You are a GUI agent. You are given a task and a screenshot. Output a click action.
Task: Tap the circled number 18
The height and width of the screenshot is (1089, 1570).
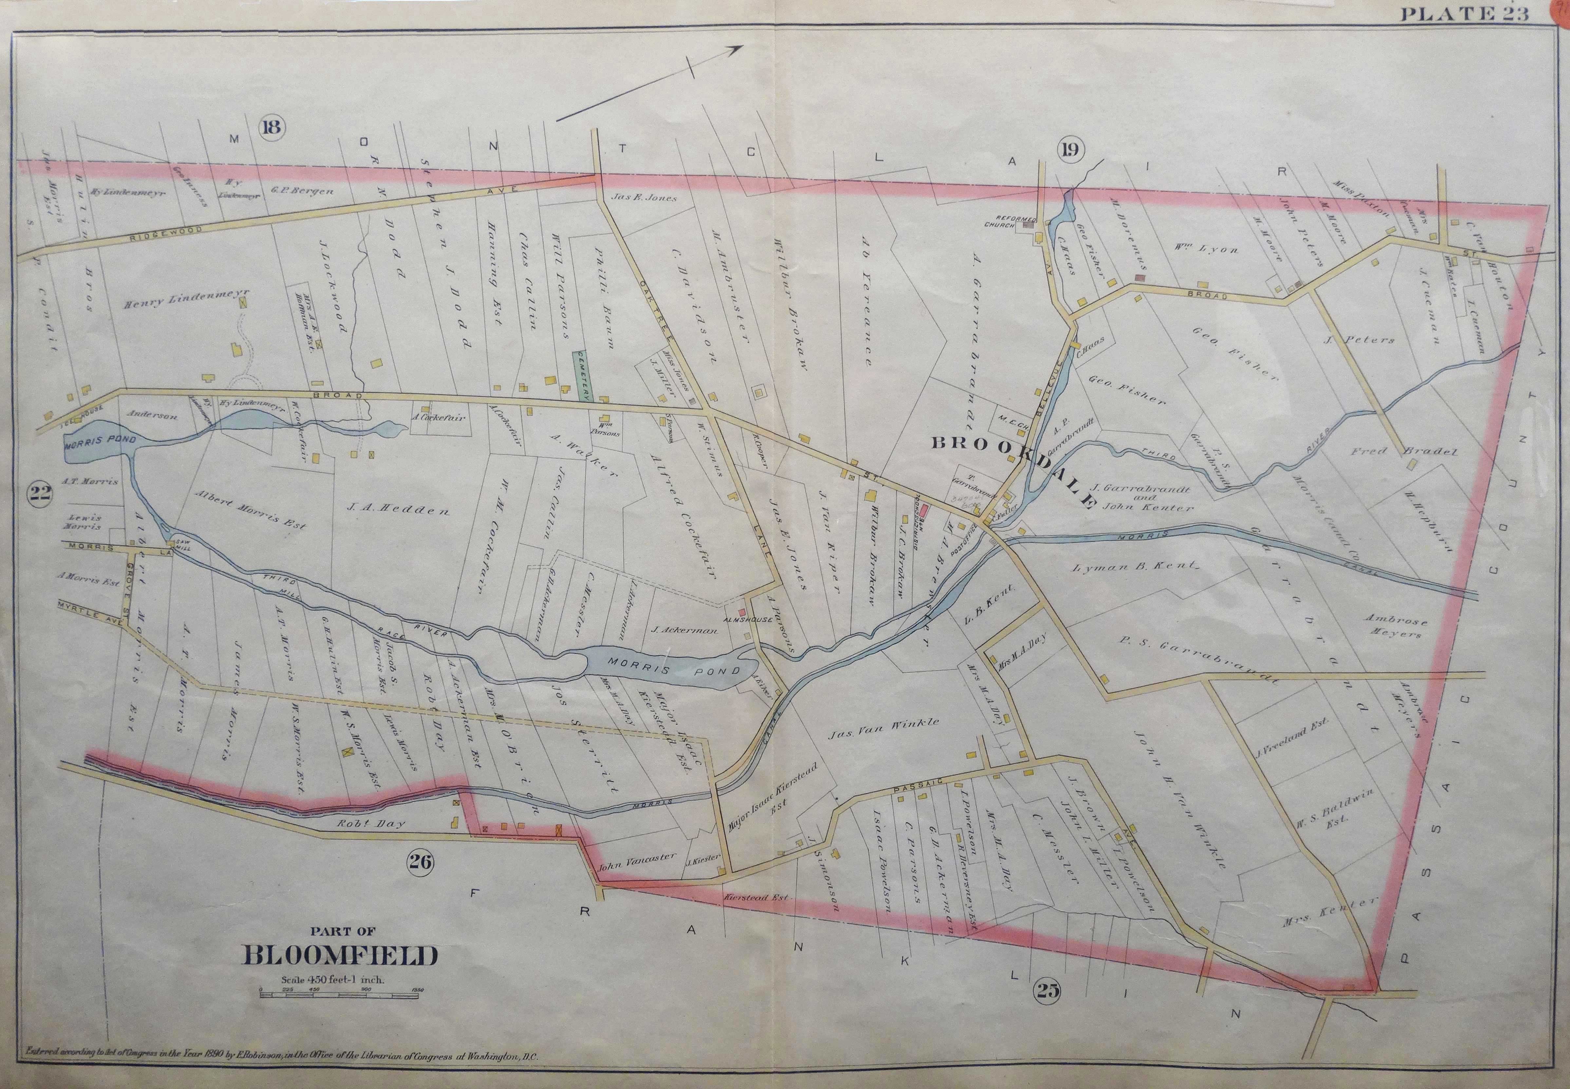pos(271,127)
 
